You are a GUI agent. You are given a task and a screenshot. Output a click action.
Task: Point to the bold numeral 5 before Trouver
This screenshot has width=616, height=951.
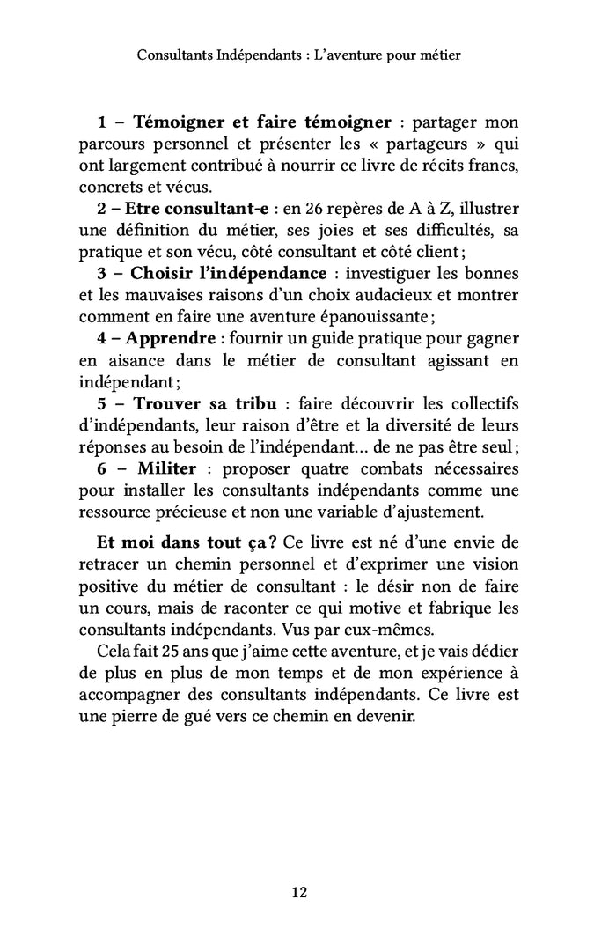click(x=102, y=403)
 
